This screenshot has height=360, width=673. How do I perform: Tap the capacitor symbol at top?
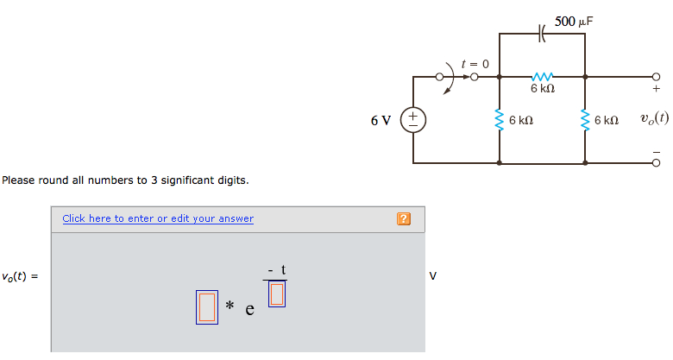[543, 34]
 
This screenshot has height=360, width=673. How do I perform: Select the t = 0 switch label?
[475, 64]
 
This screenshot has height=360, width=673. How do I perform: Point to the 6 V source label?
[381, 120]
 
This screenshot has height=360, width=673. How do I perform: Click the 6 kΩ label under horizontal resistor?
[543, 89]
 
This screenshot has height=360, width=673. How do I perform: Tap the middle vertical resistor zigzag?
[500, 120]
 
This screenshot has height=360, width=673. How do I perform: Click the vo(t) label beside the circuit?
[654, 118]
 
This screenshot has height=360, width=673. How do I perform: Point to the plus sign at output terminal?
[656, 87]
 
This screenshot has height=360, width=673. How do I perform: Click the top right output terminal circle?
[656, 76]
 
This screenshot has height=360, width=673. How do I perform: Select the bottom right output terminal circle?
[656, 162]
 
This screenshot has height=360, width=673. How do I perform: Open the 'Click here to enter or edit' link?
[158, 218]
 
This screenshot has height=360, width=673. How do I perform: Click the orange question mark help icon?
[402, 218]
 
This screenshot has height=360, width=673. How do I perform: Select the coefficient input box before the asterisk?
[207, 307]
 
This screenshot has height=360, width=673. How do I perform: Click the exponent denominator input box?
[276, 294]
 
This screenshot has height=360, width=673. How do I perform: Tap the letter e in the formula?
[249, 309]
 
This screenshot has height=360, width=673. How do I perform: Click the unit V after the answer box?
[433, 276]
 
